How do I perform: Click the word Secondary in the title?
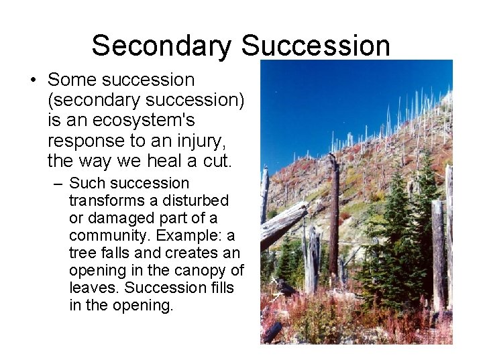pos(162,46)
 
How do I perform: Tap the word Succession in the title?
pos(315,46)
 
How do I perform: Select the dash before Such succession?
pos(58,183)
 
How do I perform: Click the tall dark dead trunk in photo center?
pos(333,221)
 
